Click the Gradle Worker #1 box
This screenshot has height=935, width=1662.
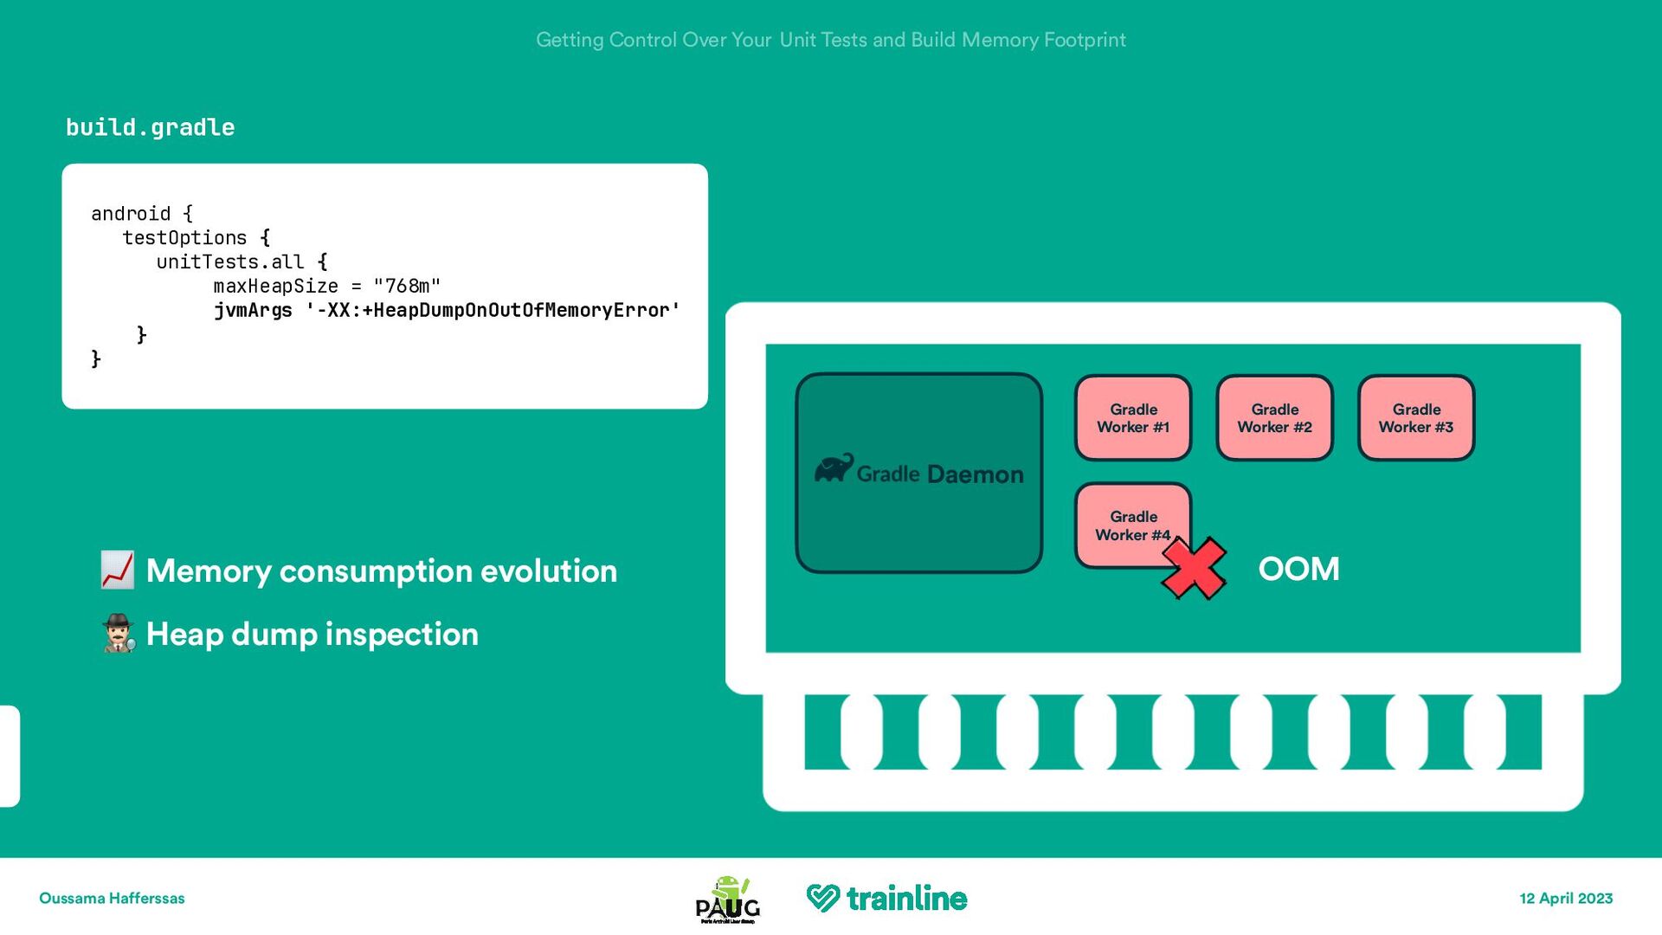(x=1133, y=418)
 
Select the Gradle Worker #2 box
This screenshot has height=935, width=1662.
(x=1274, y=418)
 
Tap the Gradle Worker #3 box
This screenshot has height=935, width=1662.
(x=1416, y=418)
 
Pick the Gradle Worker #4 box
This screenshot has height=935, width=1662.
(x=1125, y=519)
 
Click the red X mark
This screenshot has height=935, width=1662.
(x=1194, y=569)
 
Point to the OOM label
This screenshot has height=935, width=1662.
(x=1298, y=569)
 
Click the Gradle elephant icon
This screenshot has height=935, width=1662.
(x=834, y=468)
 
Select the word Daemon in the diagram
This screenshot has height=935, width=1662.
(x=976, y=474)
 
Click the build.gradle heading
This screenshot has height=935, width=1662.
(x=151, y=128)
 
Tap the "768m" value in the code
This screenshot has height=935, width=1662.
(x=407, y=287)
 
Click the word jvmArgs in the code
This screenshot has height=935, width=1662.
(x=253, y=311)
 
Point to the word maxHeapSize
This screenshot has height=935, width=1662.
(x=275, y=287)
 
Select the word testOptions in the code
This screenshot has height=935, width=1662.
(x=184, y=238)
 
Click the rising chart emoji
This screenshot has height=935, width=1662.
(x=117, y=571)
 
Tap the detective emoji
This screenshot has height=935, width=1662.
(x=118, y=634)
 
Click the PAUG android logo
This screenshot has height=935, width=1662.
(x=728, y=900)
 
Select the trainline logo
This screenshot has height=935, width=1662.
(x=887, y=899)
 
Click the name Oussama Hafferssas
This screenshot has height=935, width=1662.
(x=112, y=899)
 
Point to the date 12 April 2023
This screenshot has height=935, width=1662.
(x=1566, y=899)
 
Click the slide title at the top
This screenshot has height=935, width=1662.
(x=831, y=40)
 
